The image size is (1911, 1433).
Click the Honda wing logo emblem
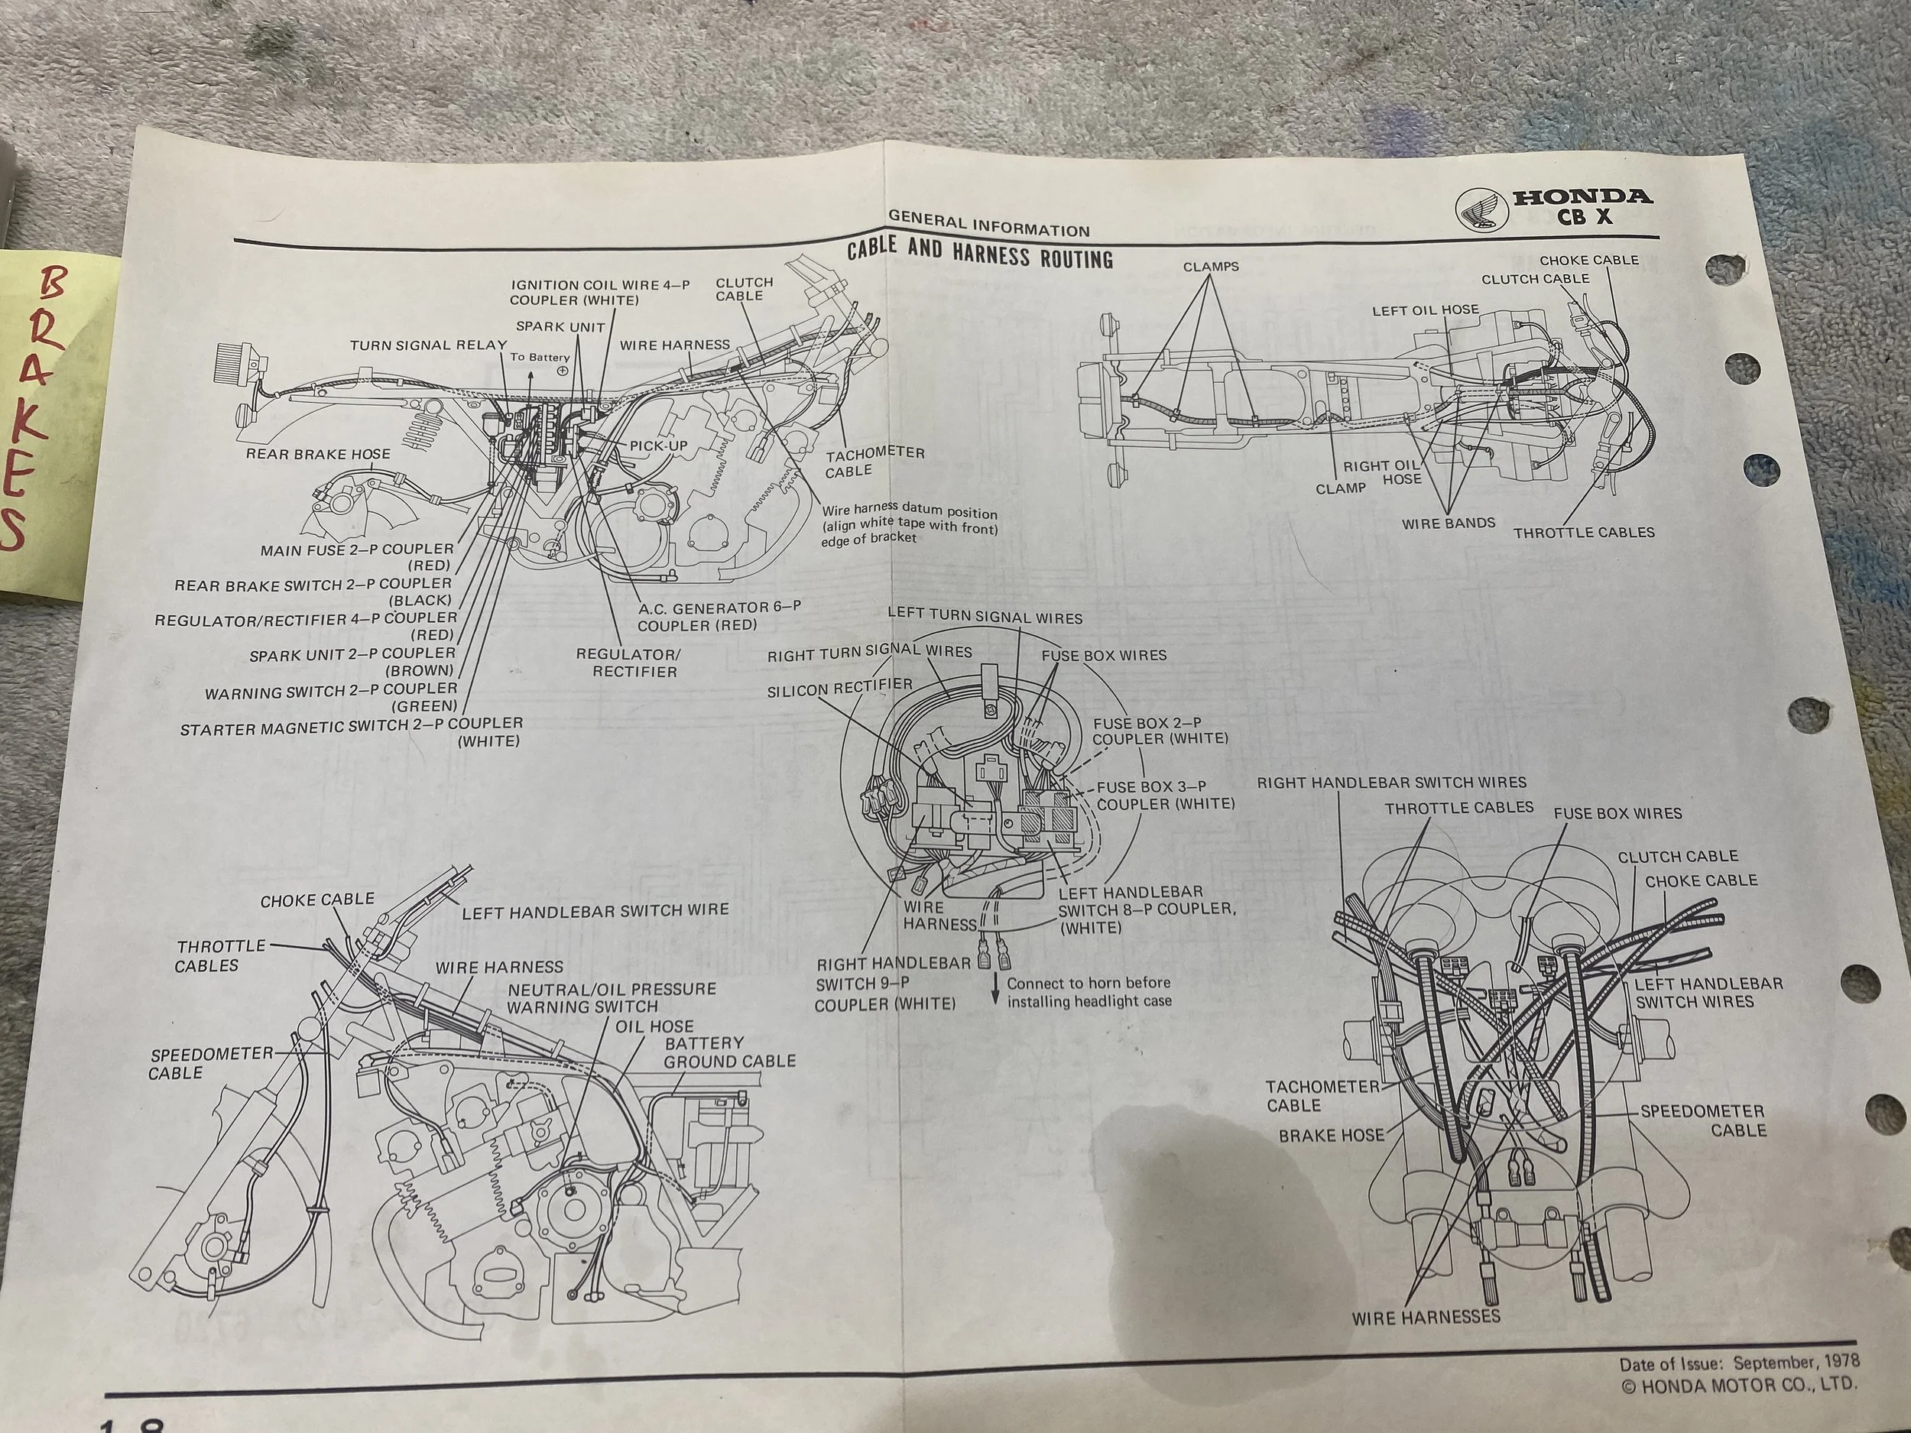(x=1481, y=209)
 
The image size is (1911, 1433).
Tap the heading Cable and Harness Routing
(x=980, y=254)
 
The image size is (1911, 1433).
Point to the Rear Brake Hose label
(x=318, y=454)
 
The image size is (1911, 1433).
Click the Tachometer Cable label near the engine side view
(x=874, y=462)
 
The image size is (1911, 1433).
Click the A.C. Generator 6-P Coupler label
(x=719, y=616)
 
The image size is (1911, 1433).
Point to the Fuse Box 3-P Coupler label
(x=1165, y=796)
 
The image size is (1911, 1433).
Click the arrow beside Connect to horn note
(x=994, y=990)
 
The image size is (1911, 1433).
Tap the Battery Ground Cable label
(x=729, y=1052)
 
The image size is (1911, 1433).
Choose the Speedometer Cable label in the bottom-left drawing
(x=210, y=1063)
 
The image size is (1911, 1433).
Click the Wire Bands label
(x=1448, y=523)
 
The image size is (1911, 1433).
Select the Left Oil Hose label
(x=1426, y=310)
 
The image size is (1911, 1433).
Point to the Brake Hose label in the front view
(x=1331, y=1135)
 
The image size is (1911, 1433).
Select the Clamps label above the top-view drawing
(x=1210, y=266)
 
